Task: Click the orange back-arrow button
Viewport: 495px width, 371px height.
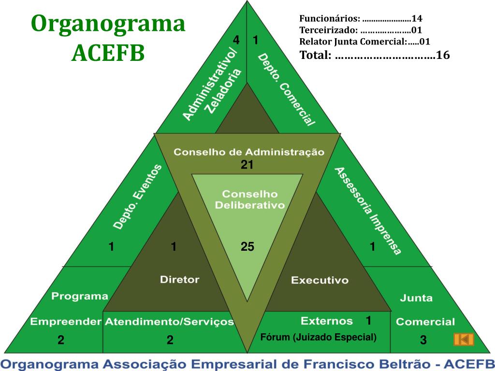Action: coord(464,339)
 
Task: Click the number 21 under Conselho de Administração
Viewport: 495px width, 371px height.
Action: coord(247,165)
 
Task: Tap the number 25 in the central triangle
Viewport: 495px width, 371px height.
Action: coord(247,247)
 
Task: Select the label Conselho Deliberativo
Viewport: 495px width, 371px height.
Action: coord(249,199)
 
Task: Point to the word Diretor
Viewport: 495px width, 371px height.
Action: coord(179,279)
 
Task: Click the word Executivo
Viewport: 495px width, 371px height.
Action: coord(320,280)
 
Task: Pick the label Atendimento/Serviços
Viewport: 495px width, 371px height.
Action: coord(169,322)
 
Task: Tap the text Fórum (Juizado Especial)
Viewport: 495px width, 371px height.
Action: coord(318,337)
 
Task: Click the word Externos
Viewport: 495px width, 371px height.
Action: coord(327,321)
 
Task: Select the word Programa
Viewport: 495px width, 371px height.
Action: coord(80,296)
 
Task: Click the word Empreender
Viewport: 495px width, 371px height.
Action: coord(66,322)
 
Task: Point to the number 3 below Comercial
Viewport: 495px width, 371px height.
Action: coord(423,341)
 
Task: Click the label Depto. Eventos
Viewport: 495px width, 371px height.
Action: coord(138,197)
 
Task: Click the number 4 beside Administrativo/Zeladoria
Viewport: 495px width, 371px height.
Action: coord(236,40)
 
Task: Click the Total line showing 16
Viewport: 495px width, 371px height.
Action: coord(375,55)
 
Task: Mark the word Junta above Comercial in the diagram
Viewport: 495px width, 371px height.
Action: coord(416,298)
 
